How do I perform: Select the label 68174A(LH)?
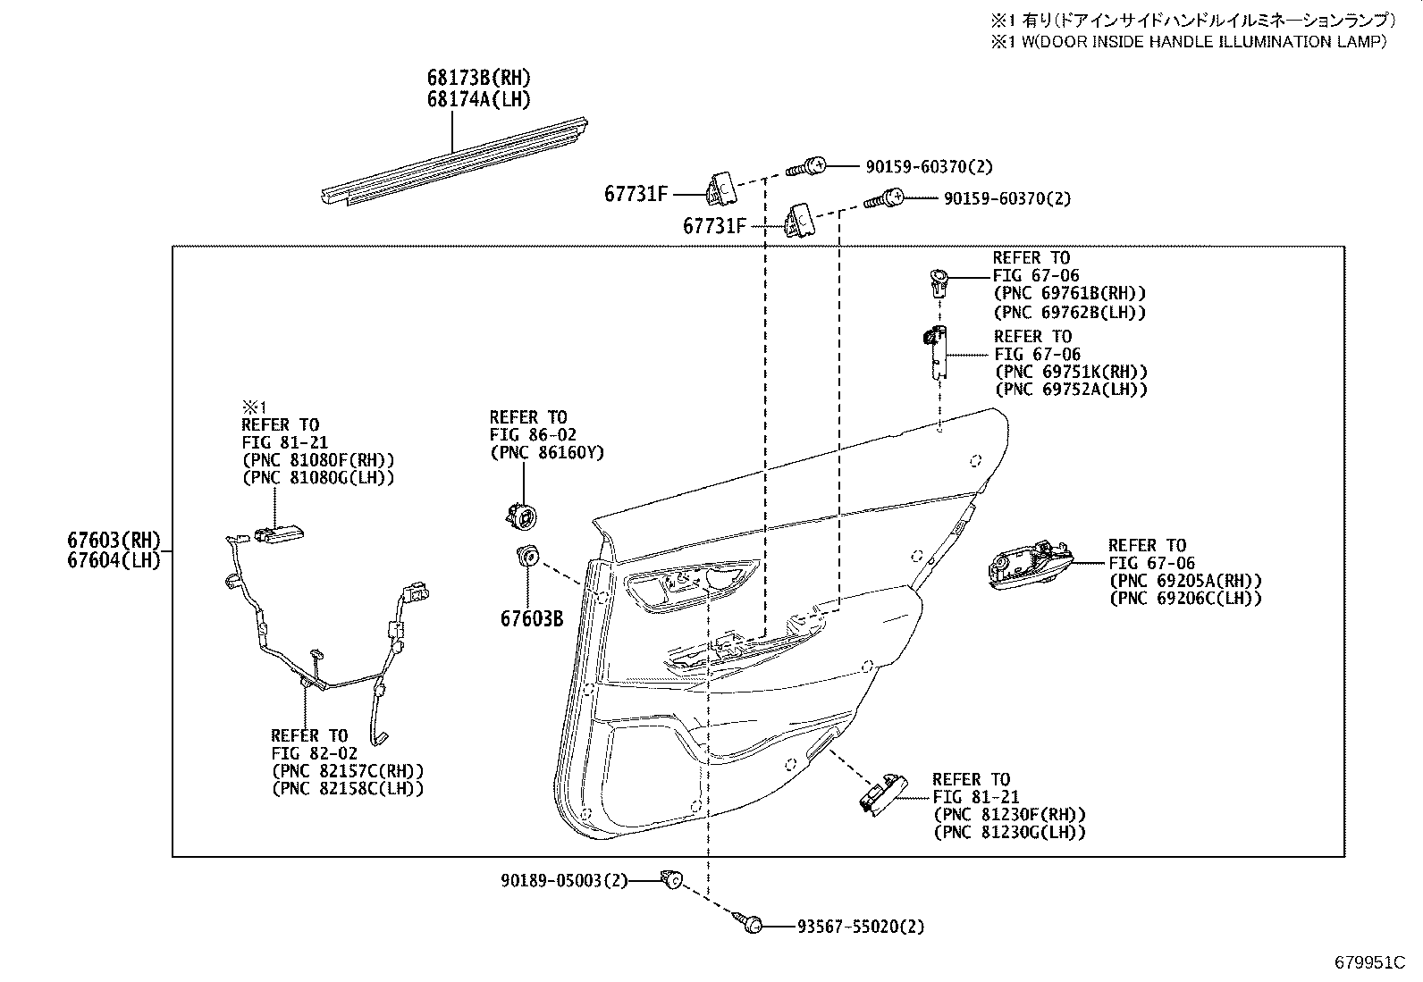(x=478, y=100)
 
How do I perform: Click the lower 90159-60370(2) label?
(x=1006, y=198)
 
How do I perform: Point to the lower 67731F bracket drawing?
(x=798, y=219)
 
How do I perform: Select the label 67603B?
(x=531, y=617)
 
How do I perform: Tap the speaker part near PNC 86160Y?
(x=519, y=515)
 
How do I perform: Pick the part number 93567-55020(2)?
(x=860, y=927)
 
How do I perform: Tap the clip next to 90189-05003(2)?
(x=670, y=880)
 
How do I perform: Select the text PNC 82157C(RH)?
(x=347, y=771)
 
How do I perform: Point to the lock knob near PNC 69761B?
(x=938, y=281)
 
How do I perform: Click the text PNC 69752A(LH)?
(x=1071, y=390)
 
